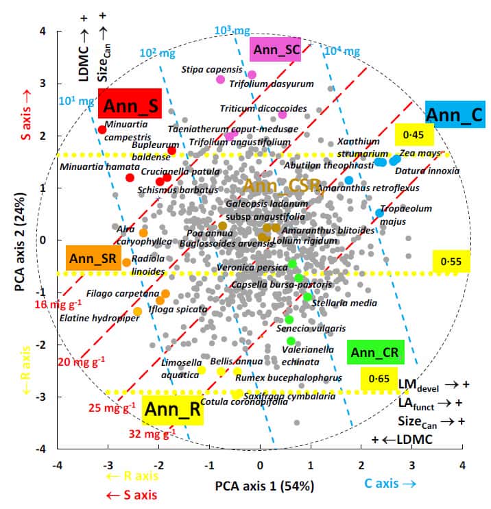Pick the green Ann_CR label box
tap(375, 353)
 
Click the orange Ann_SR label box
tap(93, 258)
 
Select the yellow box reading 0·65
tap(379, 378)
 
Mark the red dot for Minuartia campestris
tap(102, 129)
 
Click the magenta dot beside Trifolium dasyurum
tap(252, 75)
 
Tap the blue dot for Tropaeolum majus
tap(379, 213)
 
